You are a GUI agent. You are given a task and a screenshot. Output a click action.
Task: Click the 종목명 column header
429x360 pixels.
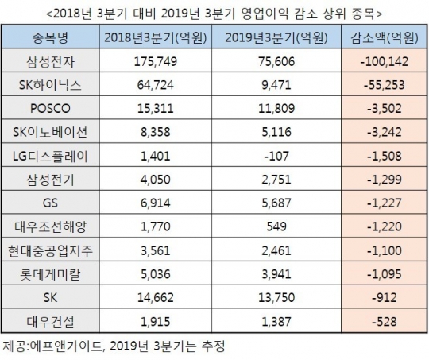50,37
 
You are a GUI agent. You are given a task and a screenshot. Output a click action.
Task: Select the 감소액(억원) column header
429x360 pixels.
385,37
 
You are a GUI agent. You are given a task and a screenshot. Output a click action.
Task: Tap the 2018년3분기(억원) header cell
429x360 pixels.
156,37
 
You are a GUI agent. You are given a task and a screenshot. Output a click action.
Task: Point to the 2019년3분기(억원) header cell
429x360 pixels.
276,37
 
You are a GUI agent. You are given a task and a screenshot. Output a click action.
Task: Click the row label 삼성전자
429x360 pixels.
50,61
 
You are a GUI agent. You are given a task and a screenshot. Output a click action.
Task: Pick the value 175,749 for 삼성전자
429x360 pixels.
156,61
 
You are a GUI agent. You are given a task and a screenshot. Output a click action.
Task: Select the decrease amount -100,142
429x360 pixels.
385,61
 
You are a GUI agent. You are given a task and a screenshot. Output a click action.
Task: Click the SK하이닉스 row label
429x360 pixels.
50,85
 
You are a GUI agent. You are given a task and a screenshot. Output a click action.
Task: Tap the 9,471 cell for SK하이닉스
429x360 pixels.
276,85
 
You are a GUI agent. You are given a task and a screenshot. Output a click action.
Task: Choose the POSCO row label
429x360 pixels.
50,109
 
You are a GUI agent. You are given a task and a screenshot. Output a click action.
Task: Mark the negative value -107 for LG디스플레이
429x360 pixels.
276,156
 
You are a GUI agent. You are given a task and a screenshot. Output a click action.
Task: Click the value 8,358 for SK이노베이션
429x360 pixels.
156,132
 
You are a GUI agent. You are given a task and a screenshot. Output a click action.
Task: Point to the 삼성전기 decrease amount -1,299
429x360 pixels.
385,180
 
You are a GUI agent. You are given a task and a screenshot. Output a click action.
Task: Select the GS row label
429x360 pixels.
50,203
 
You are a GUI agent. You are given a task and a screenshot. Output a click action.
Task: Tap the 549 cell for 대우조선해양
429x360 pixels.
276,226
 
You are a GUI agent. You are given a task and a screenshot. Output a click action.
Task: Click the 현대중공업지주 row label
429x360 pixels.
50,250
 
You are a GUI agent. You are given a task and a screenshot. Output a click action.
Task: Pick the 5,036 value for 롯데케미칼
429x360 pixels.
156,274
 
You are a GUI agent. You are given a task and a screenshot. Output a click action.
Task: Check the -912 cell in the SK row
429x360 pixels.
385,297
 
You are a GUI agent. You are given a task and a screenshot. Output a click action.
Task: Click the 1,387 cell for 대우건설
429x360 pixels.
276,321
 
